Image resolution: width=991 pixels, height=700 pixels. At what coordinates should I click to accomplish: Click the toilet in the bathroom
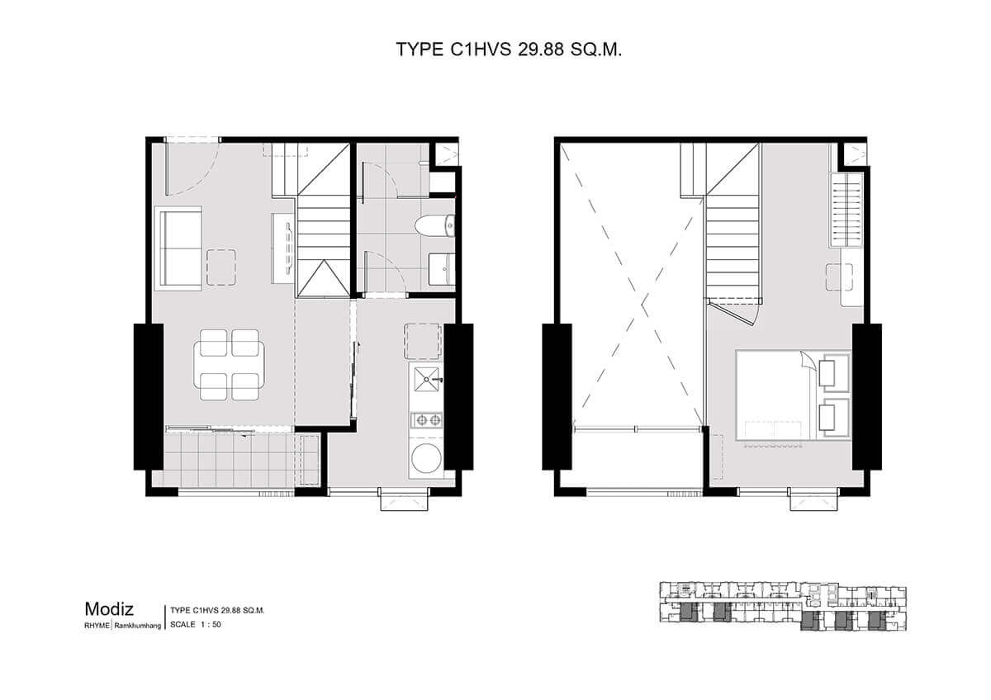435,225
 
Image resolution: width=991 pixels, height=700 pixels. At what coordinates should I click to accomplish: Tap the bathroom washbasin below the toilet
441,268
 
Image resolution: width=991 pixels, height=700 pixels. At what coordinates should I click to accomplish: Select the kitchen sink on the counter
426,379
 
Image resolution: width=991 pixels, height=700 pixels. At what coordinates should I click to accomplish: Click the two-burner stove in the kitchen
426,419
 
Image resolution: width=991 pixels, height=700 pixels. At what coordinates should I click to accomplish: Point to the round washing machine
426,458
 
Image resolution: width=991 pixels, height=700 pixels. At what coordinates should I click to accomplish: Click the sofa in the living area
180,248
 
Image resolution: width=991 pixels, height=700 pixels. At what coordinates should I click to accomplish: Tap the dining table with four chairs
230,365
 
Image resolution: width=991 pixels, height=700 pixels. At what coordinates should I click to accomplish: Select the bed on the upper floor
794,395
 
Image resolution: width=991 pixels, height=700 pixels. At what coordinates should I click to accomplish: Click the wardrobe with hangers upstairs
846,209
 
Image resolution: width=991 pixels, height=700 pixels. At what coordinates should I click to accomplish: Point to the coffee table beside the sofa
221,267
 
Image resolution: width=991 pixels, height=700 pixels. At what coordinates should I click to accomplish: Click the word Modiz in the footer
109,609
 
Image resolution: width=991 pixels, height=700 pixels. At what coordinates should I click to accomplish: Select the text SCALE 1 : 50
196,624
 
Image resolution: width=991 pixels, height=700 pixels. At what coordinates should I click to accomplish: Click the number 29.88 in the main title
541,50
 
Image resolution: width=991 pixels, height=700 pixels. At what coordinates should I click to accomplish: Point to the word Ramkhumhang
138,626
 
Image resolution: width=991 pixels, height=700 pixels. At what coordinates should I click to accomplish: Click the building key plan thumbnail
783,606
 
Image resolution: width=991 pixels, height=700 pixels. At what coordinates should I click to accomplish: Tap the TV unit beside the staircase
282,248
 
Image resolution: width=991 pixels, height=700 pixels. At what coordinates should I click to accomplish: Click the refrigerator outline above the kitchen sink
423,341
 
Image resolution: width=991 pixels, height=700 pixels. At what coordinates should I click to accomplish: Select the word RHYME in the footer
97,626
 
